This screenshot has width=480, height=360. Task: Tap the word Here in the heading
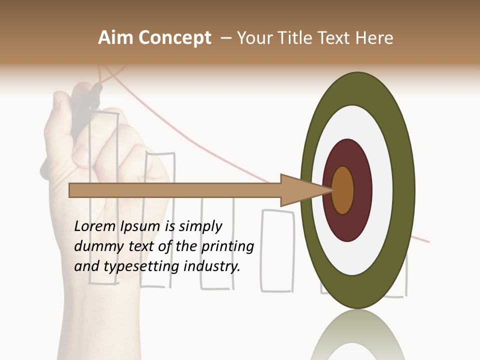[x=374, y=38]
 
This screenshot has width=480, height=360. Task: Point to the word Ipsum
[x=141, y=226]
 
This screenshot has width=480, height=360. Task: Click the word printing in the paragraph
[x=227, y=246]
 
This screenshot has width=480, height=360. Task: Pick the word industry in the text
[x=212, y=266]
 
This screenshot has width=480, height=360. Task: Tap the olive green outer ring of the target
[x=405, y=190]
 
